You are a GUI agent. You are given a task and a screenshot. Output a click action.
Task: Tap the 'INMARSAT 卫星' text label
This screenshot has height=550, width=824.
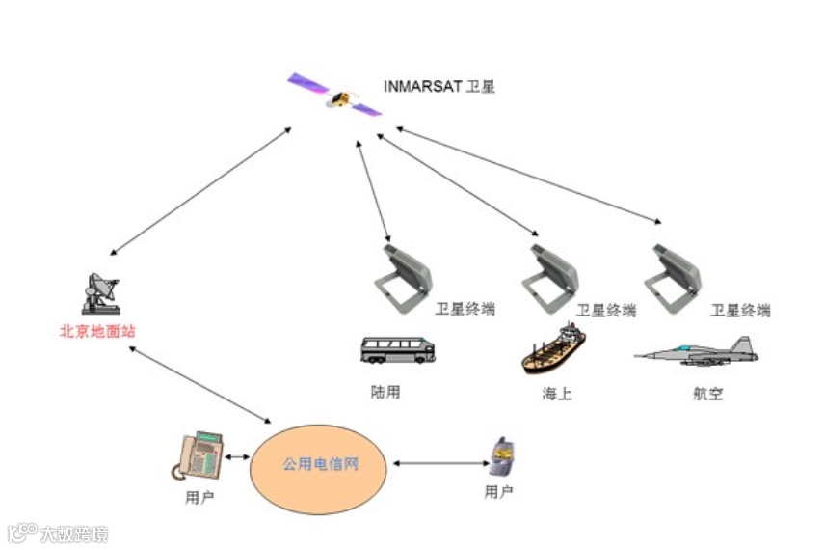coord(439,87)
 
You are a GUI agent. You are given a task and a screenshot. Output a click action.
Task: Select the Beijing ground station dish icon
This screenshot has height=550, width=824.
coord(100,293)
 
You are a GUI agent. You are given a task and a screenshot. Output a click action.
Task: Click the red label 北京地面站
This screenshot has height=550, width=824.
coord(97,331)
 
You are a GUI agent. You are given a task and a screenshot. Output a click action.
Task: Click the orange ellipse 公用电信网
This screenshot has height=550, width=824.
coord(320,465)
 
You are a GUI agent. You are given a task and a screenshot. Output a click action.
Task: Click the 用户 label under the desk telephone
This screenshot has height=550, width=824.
coord(199,498)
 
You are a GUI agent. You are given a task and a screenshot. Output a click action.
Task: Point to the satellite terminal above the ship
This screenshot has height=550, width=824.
coord(552,275)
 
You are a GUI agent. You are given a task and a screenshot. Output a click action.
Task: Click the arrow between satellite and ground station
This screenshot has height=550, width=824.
coord(200,191)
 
